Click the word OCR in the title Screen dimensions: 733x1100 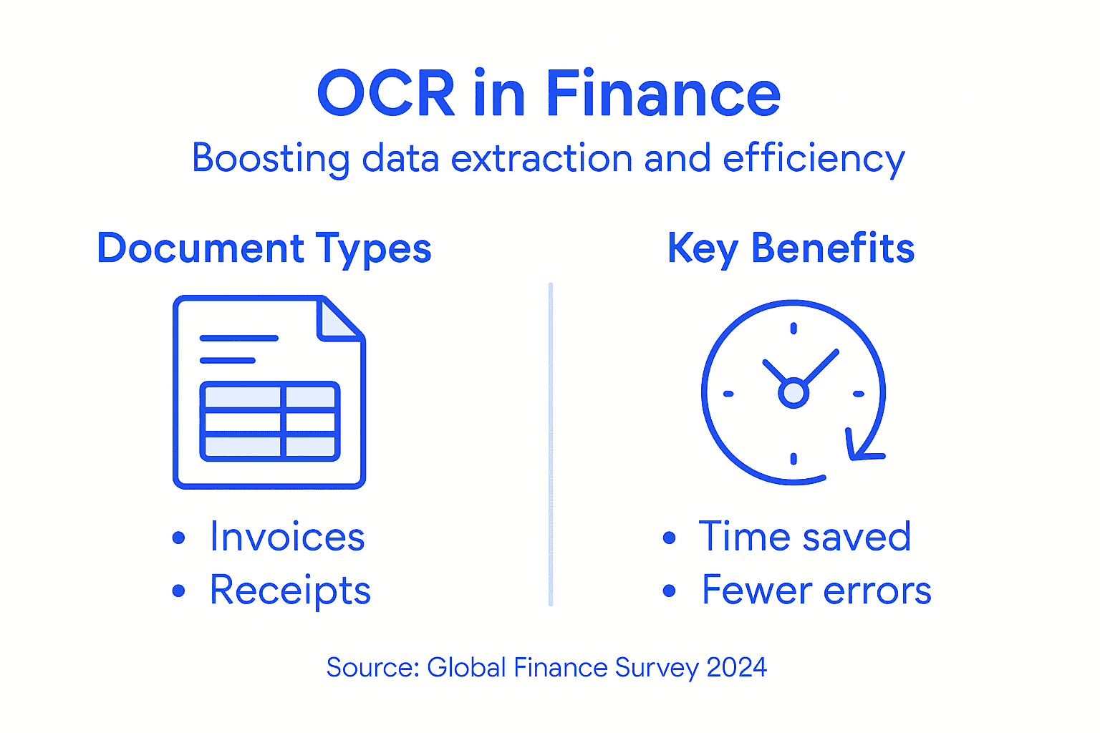pos(386,94)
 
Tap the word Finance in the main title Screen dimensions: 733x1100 pos(662,94)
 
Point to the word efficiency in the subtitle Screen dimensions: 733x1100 pos(814,160)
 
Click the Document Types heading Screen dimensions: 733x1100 pos(264,249)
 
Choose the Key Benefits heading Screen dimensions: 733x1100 pos(791,249)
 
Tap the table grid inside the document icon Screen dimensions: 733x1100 pos(269,421)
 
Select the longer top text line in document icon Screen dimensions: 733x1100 pos(238,338)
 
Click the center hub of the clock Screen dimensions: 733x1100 pos(793,393)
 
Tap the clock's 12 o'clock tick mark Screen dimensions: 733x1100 pos(793,329)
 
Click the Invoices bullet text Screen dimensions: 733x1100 pos(287,537)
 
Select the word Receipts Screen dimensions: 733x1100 pos(290,591)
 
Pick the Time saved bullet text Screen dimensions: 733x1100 pos(804,537)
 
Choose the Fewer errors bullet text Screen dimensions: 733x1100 pos(816,591)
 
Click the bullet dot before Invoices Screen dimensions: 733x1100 pos(179,538)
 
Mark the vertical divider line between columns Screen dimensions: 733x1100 pos(550,444)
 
